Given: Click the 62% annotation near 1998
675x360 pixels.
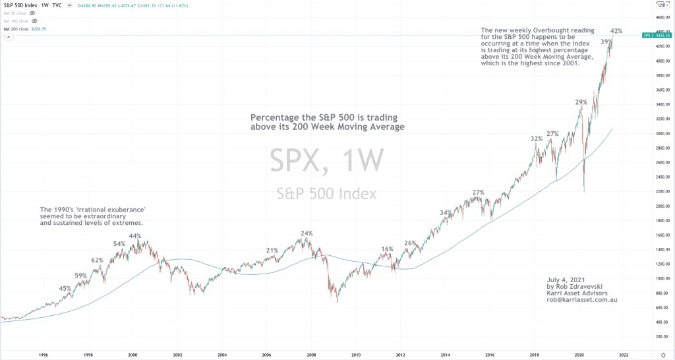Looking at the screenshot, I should [98, 260].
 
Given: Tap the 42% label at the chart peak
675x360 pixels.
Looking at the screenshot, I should [616, 31].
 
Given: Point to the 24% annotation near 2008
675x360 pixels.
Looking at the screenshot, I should [307, 233].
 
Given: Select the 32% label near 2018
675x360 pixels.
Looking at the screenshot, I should [537, 139].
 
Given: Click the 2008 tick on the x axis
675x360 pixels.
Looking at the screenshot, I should [312, 354].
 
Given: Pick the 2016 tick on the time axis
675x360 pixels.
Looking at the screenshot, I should [490, 354].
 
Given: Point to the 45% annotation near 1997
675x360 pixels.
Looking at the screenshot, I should [65, 288].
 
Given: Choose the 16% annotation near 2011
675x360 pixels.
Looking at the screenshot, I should [387, 249].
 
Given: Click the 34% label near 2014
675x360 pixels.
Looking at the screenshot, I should [446, 212].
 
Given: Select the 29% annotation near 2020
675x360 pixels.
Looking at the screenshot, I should [581, 102].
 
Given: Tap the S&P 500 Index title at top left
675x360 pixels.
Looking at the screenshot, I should [19, 5].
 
